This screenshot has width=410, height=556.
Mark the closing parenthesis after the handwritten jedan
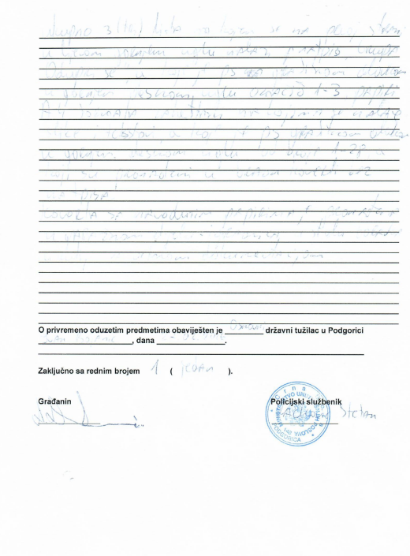[230, 370]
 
